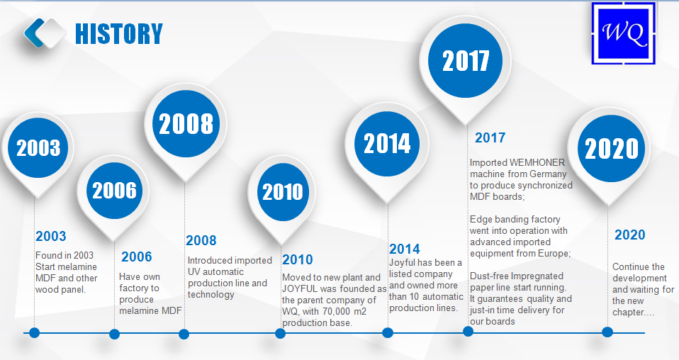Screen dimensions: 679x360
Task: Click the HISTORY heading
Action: pos(119,34)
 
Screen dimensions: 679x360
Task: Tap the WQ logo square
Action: pos(624,33)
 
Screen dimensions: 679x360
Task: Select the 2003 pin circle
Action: pos(38,147)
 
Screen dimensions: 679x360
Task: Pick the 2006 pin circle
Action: pos(114,191)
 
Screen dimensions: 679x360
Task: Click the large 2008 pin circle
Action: pos(186,123)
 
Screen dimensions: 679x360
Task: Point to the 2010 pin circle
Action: pos(282,192)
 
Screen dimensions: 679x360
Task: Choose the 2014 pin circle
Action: pos(387,143)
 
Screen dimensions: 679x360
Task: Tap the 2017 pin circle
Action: pos(466,60)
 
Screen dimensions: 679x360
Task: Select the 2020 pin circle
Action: pos(612,149)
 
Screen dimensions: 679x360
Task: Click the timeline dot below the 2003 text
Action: pos(34,332)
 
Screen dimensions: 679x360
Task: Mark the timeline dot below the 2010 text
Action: pos(280,333)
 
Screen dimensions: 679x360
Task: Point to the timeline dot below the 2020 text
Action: pos(607,332)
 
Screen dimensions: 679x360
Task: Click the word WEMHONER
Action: pos(537,162)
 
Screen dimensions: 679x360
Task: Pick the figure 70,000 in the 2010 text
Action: pos(337,312)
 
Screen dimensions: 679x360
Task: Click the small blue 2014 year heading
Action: pos(405,249)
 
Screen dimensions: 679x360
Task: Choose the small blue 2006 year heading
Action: pos(137,257)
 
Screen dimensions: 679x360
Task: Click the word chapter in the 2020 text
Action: pos(628,312)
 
